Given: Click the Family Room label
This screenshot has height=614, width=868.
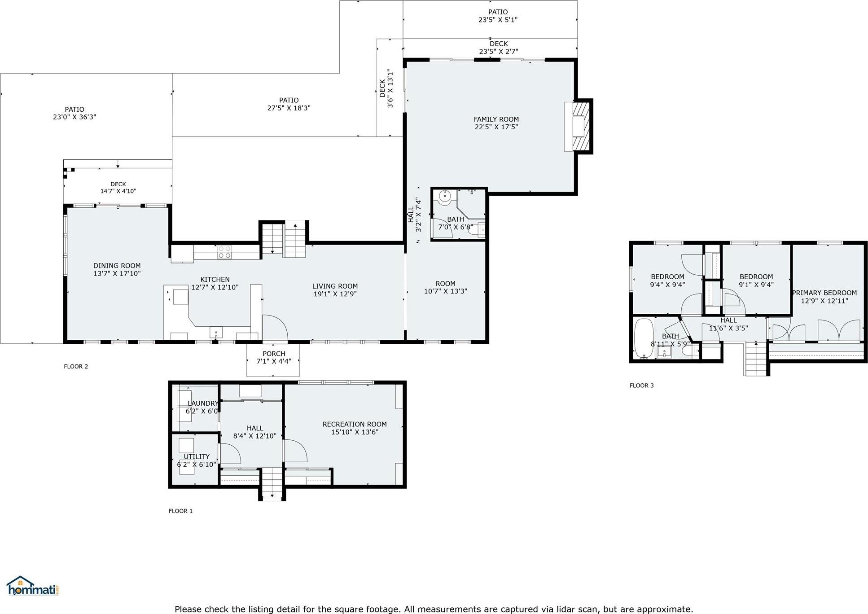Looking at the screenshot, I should click(x=496, y=119).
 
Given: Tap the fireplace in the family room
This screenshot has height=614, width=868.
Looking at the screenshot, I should click(x=579, y=127).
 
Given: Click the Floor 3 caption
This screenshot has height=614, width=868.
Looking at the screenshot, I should click(x=641, y=386).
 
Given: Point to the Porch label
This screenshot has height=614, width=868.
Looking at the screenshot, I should click(x=274, y=354).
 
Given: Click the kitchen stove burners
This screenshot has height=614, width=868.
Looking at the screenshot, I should click(x=224, y=252).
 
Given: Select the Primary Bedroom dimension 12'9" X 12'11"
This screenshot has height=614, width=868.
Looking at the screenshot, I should click(x=824, y=301).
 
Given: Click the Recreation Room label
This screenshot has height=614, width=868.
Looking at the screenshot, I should click(x=355, y=424).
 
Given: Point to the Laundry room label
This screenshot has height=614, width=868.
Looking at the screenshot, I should click(x=202, y=403).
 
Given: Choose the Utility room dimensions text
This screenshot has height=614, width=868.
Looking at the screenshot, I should click(x=197, y=465).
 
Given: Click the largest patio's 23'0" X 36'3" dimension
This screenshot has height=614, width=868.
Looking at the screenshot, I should click(x=75, y=117).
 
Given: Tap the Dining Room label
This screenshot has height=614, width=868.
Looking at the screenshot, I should click(x=117, y=266).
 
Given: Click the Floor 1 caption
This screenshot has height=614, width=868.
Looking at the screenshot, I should click(x=180, y=511).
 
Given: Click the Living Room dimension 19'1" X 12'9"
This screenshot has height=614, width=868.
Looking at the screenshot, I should click(x=335, y=294).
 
